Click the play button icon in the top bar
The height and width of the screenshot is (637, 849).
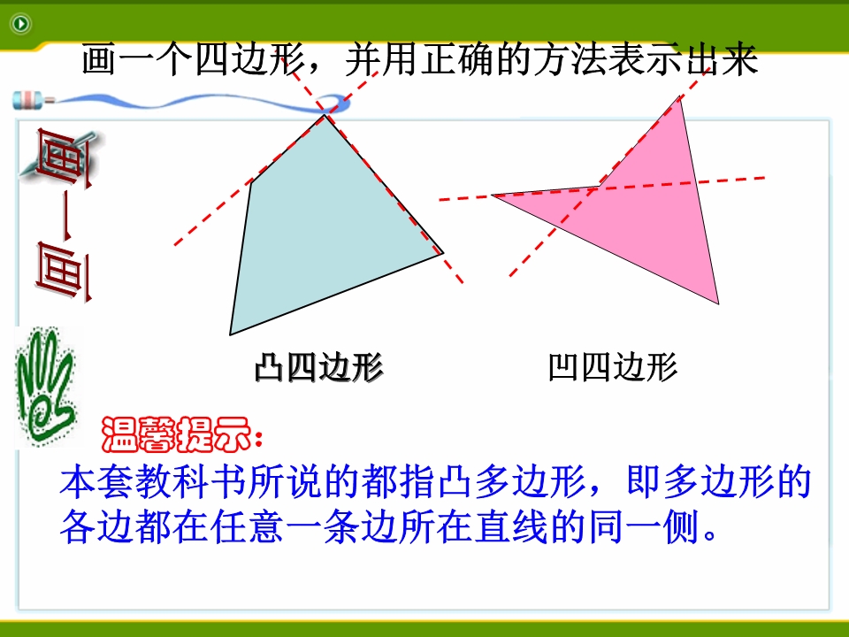click(x=21, y=24)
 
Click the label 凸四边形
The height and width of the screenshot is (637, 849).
click(x=319, y=367)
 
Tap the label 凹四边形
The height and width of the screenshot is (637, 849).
click(x=612, y=367)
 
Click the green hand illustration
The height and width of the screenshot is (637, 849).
click(x=45, y=387)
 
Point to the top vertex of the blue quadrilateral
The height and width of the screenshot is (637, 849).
click(x=325, y=115)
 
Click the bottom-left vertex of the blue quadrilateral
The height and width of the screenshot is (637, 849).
click(x=230, y=334)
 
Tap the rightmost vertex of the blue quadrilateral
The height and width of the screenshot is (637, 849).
click(x=443, y=252)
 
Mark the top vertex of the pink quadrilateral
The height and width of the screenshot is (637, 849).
click(x=679, y=96)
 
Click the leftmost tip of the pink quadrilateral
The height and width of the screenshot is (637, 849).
click(x=492, y=195)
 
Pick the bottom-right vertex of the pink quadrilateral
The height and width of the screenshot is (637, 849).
click(x=718, y=303)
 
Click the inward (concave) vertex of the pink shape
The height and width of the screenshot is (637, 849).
click(x=599, y=186)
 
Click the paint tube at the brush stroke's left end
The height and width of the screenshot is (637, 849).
click(x=34, y=100)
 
